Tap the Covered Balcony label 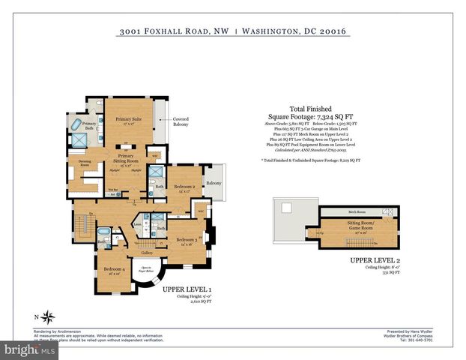pos(181,121)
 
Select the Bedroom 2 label pos(184,187)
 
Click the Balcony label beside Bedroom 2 pos(214,183)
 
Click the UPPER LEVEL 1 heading pos(188,289)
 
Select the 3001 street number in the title pos(130,31)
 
